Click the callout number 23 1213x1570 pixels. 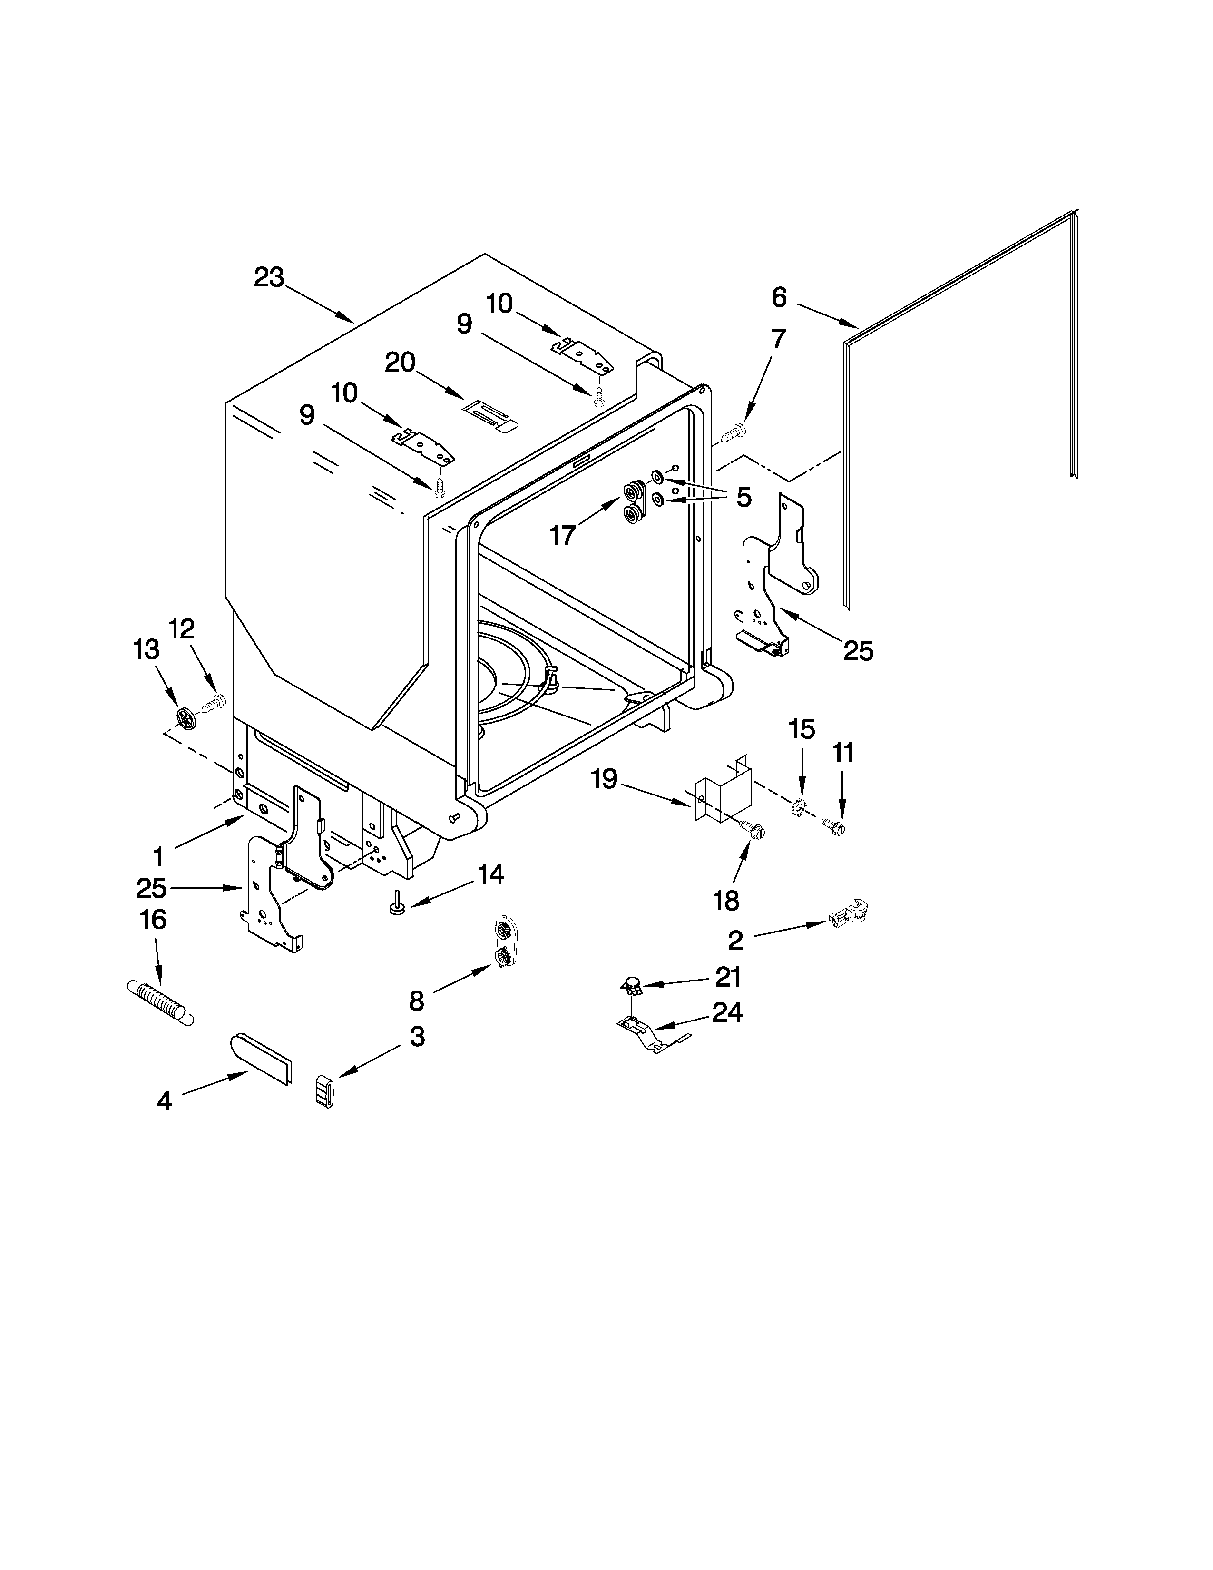pyautogui.click(x=269, y=277)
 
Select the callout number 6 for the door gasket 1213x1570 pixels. pyautogui.click(x=779, y=297)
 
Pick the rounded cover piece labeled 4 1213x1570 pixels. pyautogui.click(x=262, y=1058)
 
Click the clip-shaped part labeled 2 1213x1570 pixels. pyautogui.click(x=850, y=913)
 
